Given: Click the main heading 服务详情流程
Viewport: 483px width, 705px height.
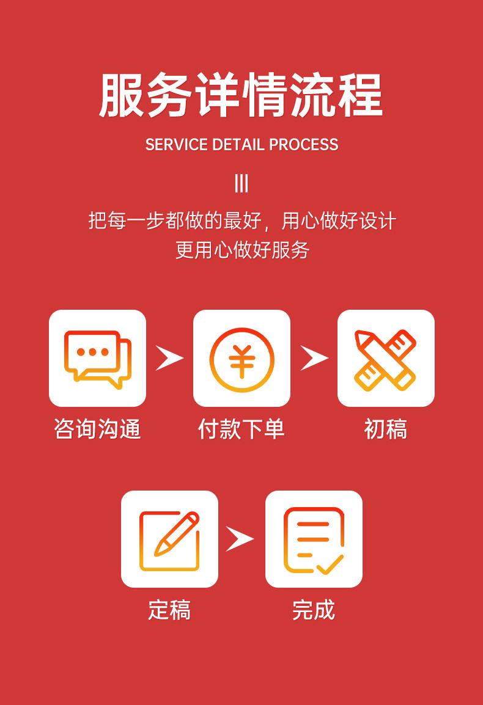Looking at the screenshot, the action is pyautogui.click(x=241, y=95).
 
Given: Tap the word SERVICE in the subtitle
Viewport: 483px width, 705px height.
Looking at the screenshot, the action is pyautogui.click(x=176, y=145).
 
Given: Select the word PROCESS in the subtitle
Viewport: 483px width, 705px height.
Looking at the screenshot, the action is pyautogui.click(x=304, y=145).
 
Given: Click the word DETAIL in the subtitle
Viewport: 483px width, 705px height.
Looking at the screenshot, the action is pyautogui.click(x=238, y=145).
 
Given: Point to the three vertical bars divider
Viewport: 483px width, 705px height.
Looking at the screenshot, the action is pyautogui.click(x=242, y=183).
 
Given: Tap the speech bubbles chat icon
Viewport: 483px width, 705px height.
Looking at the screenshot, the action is pyautogui.click(x=97, y=359).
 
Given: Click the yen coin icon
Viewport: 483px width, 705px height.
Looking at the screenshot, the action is pyautogui.click(x=242, y=359).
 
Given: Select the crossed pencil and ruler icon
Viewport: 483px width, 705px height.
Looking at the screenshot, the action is pyautogui.click(x=386, y=359).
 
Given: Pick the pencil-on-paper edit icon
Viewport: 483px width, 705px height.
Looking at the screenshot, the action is pyautogui.click(x=169, y=539).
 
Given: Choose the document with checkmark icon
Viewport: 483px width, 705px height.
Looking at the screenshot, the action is pyautogui.click(x=314, y=539).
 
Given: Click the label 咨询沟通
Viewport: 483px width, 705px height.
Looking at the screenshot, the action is pyautogui.click(x=97, y=429).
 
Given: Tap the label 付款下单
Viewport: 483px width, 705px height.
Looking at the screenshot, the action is pyautogui.click(x=242, y=429).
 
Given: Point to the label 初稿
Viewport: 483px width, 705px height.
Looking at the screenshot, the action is pyautogui.click(x=386, y=429).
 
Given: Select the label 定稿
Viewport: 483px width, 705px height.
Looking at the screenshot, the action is pyautogui.click(x=169, y=610).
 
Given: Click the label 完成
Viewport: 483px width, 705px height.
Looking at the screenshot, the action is pyautogui.click(x=314, y=610).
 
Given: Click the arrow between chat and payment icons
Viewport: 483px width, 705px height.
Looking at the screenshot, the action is pyautogui.click(x=169, y=358).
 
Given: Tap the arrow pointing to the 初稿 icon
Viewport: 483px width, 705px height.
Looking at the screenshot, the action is pyautogui.click(x=313, y=358).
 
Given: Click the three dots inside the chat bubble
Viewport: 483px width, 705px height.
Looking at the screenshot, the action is pyautogui.click(x=92, y=352).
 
